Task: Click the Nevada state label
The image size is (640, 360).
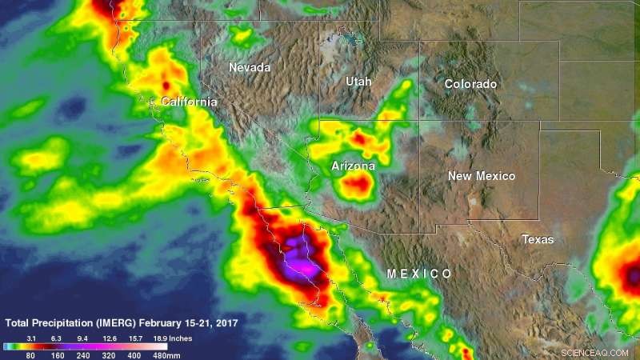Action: tap(250, 67)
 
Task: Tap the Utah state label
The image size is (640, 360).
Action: tap(358, 82)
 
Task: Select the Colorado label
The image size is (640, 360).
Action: tap(470, 84)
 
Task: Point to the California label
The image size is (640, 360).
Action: tap(189, 102)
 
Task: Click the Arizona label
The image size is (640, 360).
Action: tap(353, 166)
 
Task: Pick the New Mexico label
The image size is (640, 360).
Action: tap(482, 176)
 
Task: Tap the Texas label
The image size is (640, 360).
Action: tap(538, 239)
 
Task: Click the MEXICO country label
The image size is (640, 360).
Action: tap(419, 274)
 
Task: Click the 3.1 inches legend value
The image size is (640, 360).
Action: tap(34, 338)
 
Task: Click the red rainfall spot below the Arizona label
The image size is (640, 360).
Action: tap(357, 187)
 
